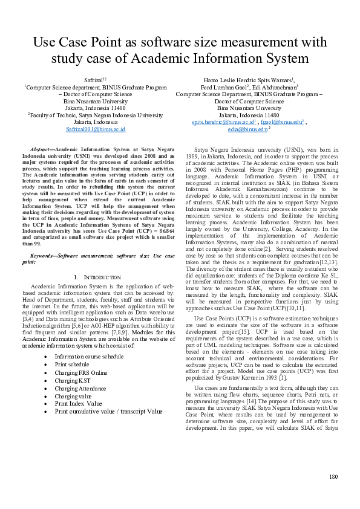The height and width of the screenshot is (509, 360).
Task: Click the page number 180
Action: coord(332,477)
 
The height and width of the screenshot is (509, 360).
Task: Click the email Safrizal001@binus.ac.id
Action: coord(95,129)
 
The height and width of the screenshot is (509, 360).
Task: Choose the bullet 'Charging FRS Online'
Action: coord(81,372)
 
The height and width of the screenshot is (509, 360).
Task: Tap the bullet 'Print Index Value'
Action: coord(79,403)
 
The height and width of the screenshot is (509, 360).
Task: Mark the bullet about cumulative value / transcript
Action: coord(108,411)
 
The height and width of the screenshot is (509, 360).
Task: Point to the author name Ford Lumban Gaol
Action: coord(226,87)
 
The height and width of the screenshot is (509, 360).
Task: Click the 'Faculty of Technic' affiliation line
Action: coord(96,114)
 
